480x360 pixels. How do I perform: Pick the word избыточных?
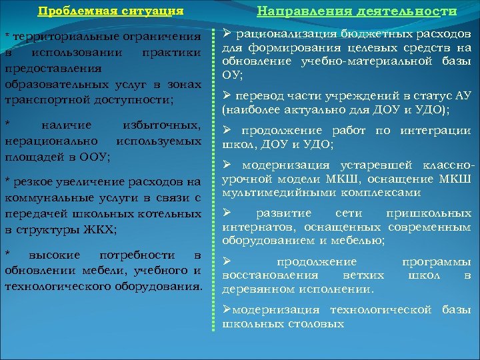(x=163, y=125)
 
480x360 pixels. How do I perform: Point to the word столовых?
(x=316, y=324)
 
